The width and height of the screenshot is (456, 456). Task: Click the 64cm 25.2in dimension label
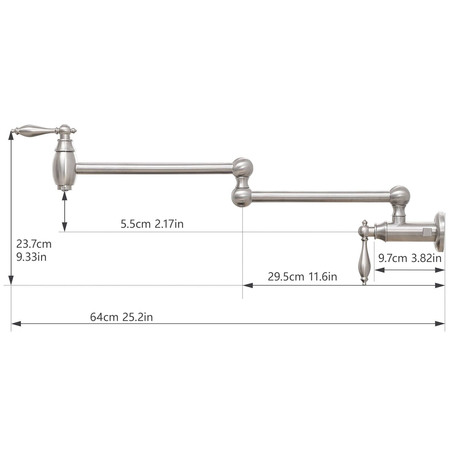121,317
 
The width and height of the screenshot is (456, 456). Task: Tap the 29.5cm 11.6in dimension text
302,276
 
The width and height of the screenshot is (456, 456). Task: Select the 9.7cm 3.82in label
410,258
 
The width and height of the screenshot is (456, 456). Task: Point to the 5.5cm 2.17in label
152,224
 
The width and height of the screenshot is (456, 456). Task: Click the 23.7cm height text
34,244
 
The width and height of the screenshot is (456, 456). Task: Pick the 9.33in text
31,257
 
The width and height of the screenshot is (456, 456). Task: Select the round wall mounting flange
440,231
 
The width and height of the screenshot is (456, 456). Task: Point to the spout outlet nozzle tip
65,188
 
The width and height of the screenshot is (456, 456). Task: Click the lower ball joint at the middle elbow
241,197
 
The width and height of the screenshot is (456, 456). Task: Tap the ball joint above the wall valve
400,196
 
